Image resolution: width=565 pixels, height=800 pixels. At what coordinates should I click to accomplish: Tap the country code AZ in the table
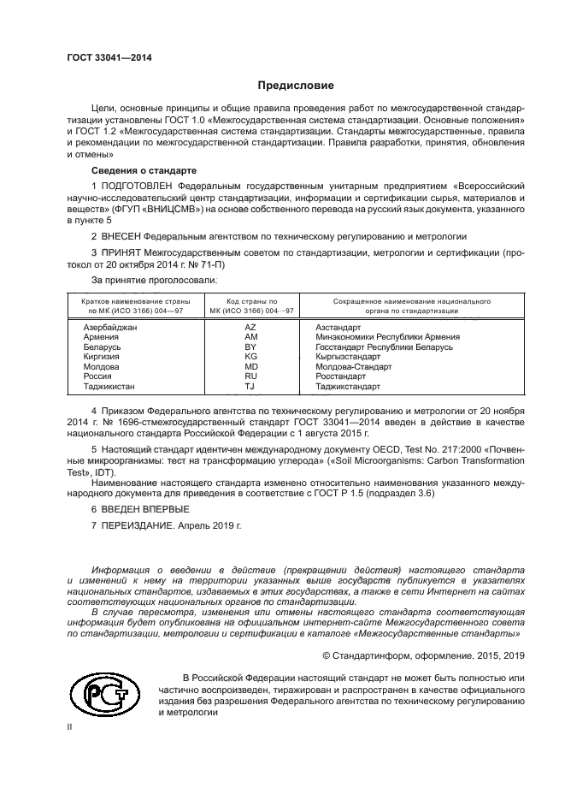point(250,328)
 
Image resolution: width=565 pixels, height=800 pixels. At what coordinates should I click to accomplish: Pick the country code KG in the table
point(250,357)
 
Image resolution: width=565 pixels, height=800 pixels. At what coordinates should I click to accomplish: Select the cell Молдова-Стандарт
point(353,366)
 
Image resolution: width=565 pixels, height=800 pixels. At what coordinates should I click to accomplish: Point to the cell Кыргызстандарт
point(347,357)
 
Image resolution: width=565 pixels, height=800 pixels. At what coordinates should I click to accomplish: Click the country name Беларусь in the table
point(102,347)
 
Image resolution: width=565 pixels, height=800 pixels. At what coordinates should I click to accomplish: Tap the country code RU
point(250,376)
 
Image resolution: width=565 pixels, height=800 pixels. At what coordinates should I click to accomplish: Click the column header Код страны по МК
point(250,306)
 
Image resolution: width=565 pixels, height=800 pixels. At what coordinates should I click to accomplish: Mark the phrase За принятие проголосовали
point(154,279)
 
